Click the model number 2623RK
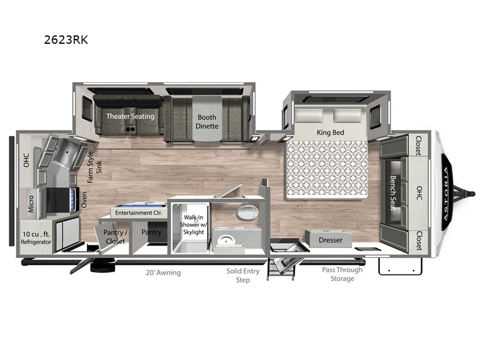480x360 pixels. pyautogui.click(x=66, y=40)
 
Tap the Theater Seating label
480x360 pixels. pyautogui.click(x=130, y=116)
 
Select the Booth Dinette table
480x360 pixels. pyautogui.click(x=207, y=119)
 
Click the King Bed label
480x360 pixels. pyautogui.click(x=331, y=133)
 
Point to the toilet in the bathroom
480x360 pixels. pyautogui.click(x=248, y=212)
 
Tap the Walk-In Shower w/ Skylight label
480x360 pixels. pyautogui.click(x=193, y=224)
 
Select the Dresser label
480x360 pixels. pyautogui.click(x=331, y=240)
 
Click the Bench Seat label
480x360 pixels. pyautogui.click(x=393, y=193)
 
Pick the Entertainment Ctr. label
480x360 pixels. pyautogui.click(x=139, y=213)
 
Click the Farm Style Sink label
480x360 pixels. pyautogui.click(x=94, y=167)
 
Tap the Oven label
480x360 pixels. pyautogui.click(x=84, y=200)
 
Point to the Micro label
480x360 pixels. pyautogui.click(x=31, y=204)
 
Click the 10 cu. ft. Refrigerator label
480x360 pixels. pyautogui.click(x=36, y=238)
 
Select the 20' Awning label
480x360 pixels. pyautogui.click(x=163, y=272)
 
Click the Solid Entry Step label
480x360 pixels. pyautogui.click(x=243, y=275)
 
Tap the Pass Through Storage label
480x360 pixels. pyautogui.click(x=342, y=274)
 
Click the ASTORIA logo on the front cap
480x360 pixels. pyautogui.click(x=447, y=194)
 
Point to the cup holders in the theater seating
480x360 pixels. pyautogui.click(x=130, y=130)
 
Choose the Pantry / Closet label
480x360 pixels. pyautogui.click(x=115, y=236)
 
